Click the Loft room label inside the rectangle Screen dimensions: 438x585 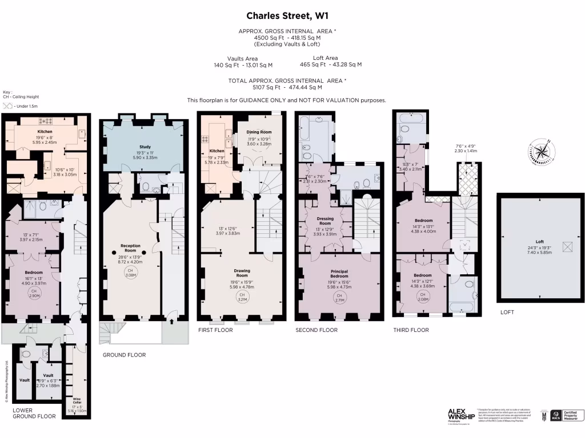tap(540, 241)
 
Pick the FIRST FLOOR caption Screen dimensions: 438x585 tap(215, 330)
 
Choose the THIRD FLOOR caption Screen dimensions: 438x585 tap(411, 330)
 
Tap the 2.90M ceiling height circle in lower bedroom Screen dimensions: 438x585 tap(34, 293)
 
